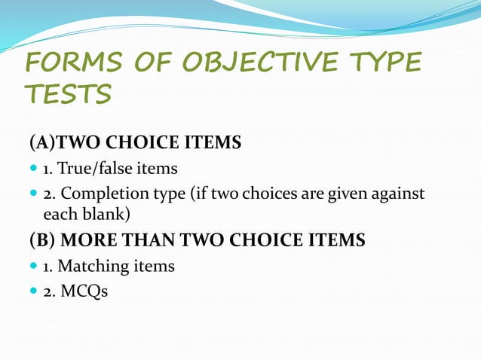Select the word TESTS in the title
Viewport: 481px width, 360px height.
click(69, 96)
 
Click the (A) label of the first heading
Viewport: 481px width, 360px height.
click(42, 142)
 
